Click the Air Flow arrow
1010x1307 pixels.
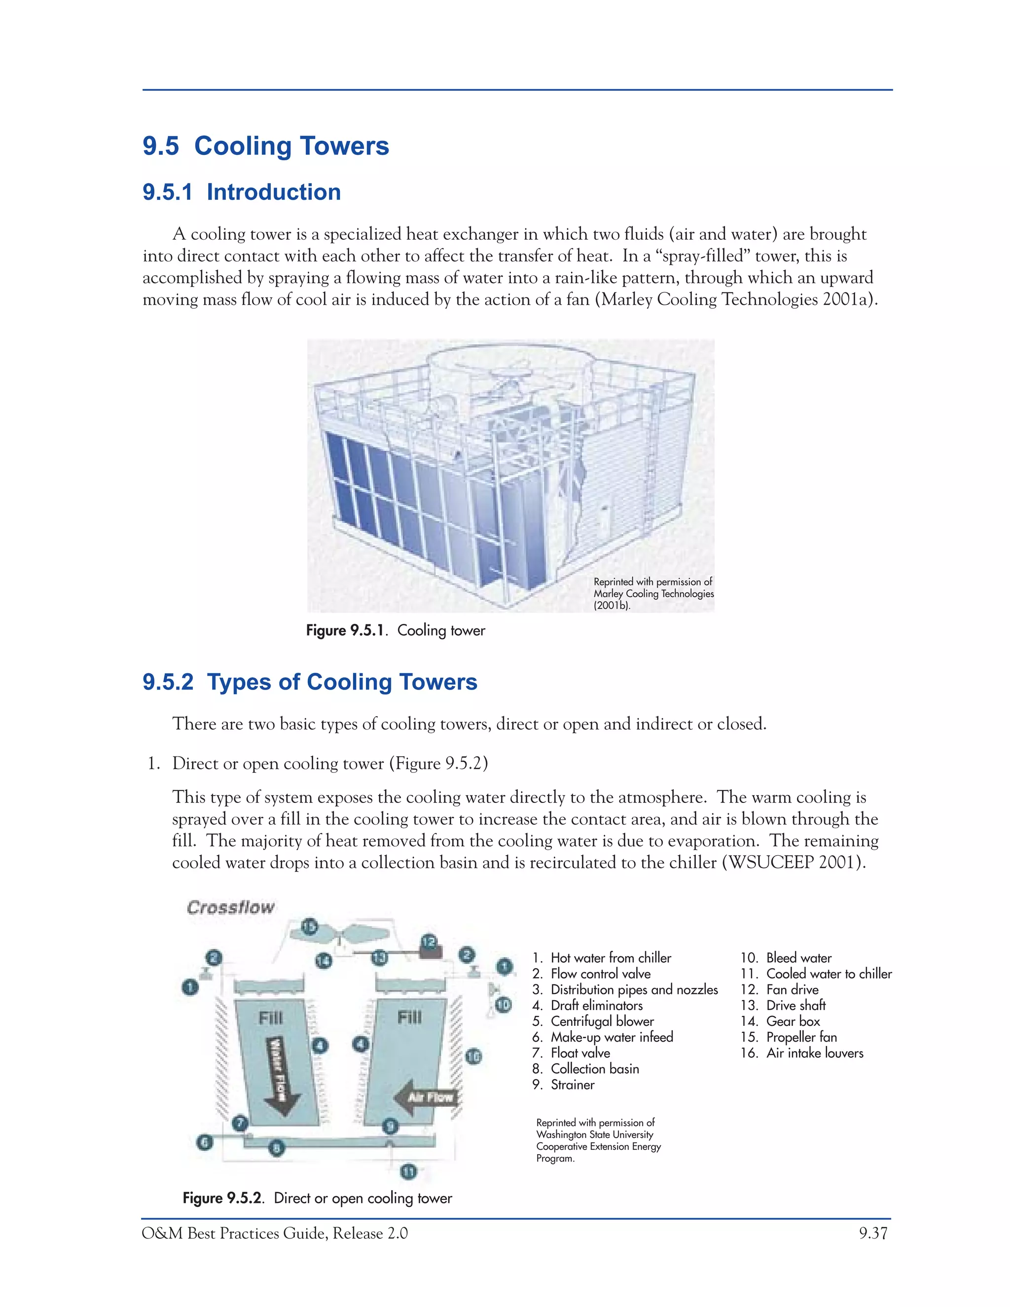click(x=427, y=1097)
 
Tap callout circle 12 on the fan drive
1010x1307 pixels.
click(x=429, y=943)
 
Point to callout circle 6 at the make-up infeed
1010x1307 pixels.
click(x=205, y=1142)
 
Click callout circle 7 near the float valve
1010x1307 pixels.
click(x=241, y=1123)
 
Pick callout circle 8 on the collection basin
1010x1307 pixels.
click(x=277, y=1148)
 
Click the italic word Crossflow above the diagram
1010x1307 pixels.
click(x=230, y=907)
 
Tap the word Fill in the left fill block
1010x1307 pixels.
click(x=270, y=1017)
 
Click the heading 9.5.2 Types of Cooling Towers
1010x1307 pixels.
click(x=310, y=682)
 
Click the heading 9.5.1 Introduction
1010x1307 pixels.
click(x=242, y=192)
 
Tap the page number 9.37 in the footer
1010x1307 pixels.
click(x=873, y=1234)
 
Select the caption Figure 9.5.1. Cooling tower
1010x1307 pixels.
click(x=396, y=630)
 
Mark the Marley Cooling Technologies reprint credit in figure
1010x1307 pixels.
click(x=653, y=593)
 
